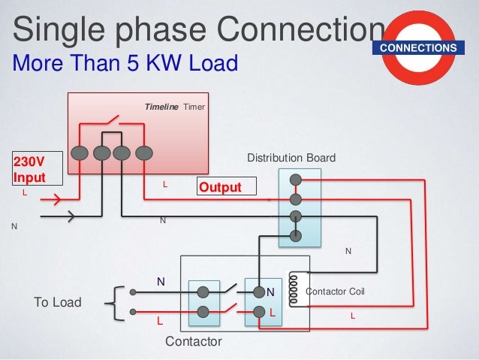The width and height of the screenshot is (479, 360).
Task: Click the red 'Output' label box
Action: (x=226, y=186)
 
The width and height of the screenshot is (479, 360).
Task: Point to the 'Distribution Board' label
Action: (x=291, y=158)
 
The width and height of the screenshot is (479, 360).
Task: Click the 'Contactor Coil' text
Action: (x=336, y=291)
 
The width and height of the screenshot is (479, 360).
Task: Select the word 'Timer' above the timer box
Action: (x=194, y=108)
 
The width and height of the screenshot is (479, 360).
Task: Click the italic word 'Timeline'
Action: (x=161, y=108)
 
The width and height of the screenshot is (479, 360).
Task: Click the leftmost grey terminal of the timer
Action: (x=78, y=152)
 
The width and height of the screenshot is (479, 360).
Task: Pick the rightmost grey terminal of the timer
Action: (x=143, y=152)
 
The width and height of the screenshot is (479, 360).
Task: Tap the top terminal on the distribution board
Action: (x=296, y=180)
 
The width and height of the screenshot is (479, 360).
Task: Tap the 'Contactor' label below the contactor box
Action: (x=193, y=342)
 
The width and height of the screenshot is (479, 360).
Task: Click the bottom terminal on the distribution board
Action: (x=296, y=236)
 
